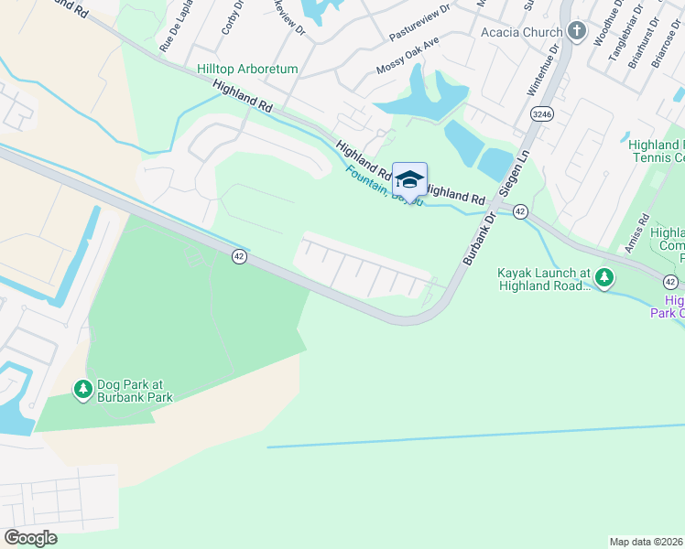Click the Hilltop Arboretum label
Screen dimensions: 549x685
pyautogui.click(x=247, y=69)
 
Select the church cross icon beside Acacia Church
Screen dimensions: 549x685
pyautogui.click(x=576, y=31)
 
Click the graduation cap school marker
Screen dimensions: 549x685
pyautogui.click(x=409, y=178)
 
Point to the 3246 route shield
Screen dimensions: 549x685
pyautogui.click(x=541, y=113)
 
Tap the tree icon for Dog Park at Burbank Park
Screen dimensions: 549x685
pyautogui.click(x=83, y=390)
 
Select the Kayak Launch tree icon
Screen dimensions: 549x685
pyautogui.click(x=603, y=276)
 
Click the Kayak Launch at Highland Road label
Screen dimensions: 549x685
pyautogui.click(x=544, y=279)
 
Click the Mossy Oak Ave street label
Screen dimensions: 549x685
pyautogui.click(x=408, y=57)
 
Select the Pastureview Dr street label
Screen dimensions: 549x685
pyautogui.click(x=420, y=21)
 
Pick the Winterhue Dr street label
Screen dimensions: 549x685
pyautogui.click(x=541, y=74)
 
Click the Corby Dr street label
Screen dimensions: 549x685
pyautogui.click(x=232, y=18)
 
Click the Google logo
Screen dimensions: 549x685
pyautogui.click(x=31, y=538)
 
